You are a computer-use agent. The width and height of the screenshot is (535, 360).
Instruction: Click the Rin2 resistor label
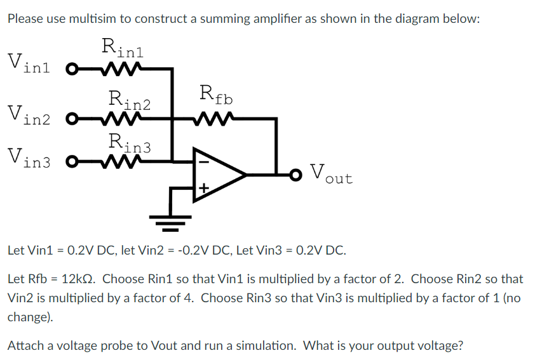click(x=130, y=100)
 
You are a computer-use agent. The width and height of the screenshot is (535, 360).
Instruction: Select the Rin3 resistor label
click(x=130, y=143)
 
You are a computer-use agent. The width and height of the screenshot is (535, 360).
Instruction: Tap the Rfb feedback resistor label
click(x=216, y=95)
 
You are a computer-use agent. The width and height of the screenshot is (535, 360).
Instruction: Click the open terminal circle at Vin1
click(x=71, y=67)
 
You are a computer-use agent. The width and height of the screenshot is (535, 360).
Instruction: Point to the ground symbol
click(x=170, y=219)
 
